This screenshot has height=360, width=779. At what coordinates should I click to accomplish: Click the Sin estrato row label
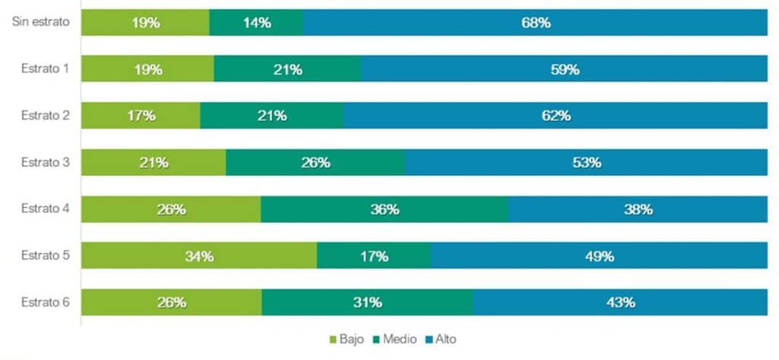click(x=41, y=22)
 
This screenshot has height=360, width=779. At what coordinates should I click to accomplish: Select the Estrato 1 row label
click(x=45, y=69)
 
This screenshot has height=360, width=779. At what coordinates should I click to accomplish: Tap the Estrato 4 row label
click(x=45, y=209)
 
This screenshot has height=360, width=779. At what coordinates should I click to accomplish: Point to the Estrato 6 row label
click(x=45, y=302)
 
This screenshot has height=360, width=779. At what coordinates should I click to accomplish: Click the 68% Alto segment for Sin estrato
click(x=535, y=23)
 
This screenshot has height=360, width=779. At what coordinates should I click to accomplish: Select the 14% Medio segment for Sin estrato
click(x=256, y=23)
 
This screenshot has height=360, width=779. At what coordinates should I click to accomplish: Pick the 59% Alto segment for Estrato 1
click(x=564, y=69)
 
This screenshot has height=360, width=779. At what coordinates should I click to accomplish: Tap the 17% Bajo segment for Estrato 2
click(x=141, y=116)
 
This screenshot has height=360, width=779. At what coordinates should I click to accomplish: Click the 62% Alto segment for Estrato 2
click(x=555, y=116)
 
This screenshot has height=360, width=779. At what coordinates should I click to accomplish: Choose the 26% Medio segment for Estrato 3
click(x=315, y=162)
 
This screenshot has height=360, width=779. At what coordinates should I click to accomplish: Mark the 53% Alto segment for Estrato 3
click(x=586, y=162)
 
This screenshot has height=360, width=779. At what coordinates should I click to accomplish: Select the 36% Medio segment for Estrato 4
click(x=384, y=209)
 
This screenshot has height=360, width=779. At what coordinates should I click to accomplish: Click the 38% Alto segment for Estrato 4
click(x=638, y=209)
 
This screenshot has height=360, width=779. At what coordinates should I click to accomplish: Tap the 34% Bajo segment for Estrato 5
click(x=199, y=256)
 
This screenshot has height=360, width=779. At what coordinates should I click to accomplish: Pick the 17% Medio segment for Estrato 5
click(x=374, y=256)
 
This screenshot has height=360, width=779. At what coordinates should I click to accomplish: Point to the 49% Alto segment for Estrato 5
click(x=599, y=256)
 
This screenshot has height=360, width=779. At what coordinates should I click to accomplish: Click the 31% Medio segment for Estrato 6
click(x=367, y=302)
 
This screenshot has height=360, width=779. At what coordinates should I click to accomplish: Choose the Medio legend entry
click(x=394, y=339)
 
